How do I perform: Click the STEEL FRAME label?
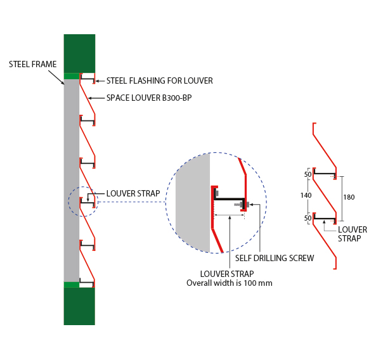click(x=33, y=64)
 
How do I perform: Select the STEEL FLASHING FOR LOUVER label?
click(x=159, y=80)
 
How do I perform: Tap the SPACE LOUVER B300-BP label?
click(x=149, y=98)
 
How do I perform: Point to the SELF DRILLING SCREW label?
click(x=274, y=258)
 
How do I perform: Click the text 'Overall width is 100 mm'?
click(x=229, y=283)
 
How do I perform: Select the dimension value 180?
click(x=349, y=197)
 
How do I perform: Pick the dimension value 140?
click(x=306, y=196)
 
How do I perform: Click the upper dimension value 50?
click(x=308, y=174)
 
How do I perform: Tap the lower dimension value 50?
click(x=308, y=218)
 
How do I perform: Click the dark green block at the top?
click(x=79, y=53)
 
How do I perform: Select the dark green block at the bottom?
click(x=79, y=306)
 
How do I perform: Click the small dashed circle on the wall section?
click(x=83, y=202)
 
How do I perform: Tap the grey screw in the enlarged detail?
click(x=242, y=204)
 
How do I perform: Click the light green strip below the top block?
click(x=71, y=76)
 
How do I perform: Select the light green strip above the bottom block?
click(x=71, y=285)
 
